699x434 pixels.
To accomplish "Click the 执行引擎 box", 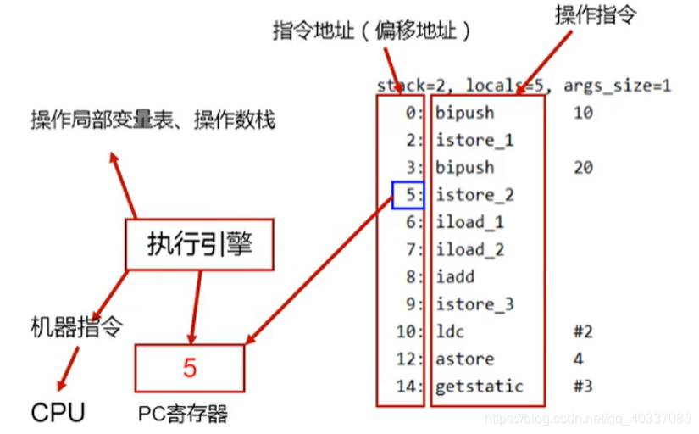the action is click(200, 246).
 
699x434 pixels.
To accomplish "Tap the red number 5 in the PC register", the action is click(190, 368).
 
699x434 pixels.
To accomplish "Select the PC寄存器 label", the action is click(183, 415).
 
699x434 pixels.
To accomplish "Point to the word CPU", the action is click(58, 414).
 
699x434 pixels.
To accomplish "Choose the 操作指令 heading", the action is click(596, 16).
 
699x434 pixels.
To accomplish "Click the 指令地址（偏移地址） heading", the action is click(372, 31).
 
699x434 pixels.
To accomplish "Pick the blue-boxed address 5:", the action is click(408, 195).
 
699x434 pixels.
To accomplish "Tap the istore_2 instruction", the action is click(474, 195).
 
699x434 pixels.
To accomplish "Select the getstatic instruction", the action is click(479, 387).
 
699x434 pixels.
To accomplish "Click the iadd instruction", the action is click(455, 276).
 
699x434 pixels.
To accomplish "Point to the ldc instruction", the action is click(450, 331).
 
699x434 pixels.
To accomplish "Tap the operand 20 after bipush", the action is click(582, 168).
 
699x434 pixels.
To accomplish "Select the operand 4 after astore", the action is click(578, 359).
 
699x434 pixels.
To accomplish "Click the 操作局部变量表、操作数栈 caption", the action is click(153, 120).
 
